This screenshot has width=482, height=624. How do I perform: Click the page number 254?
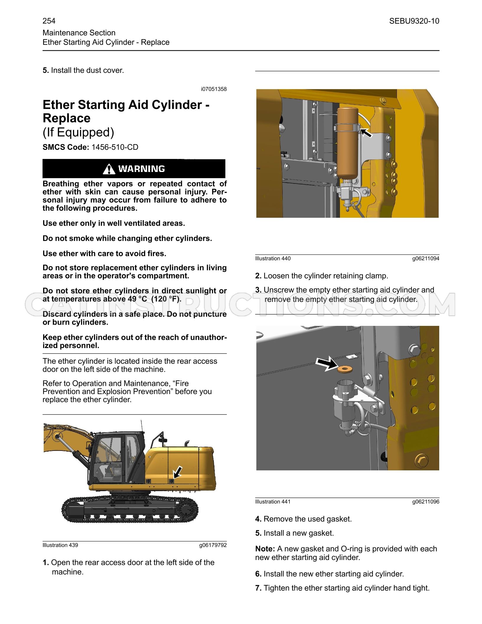(49, 21)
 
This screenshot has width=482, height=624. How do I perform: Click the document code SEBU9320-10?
(414, 21)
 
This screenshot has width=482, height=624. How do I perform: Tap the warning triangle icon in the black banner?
(109, 169)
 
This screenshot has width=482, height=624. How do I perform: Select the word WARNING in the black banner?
(141, 169)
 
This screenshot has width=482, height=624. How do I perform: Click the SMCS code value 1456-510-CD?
(115, 147)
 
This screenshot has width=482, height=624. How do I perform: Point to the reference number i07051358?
(214, 89)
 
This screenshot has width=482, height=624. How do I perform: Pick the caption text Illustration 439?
(60, 545)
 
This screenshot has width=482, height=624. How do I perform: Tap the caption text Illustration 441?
(273, 502)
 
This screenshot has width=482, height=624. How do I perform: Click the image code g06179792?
(213, 545)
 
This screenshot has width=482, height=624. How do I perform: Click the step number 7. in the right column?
(258, 588)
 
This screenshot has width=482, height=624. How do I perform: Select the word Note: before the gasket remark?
(265, 549)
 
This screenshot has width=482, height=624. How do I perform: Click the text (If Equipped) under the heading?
(78, 132)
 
